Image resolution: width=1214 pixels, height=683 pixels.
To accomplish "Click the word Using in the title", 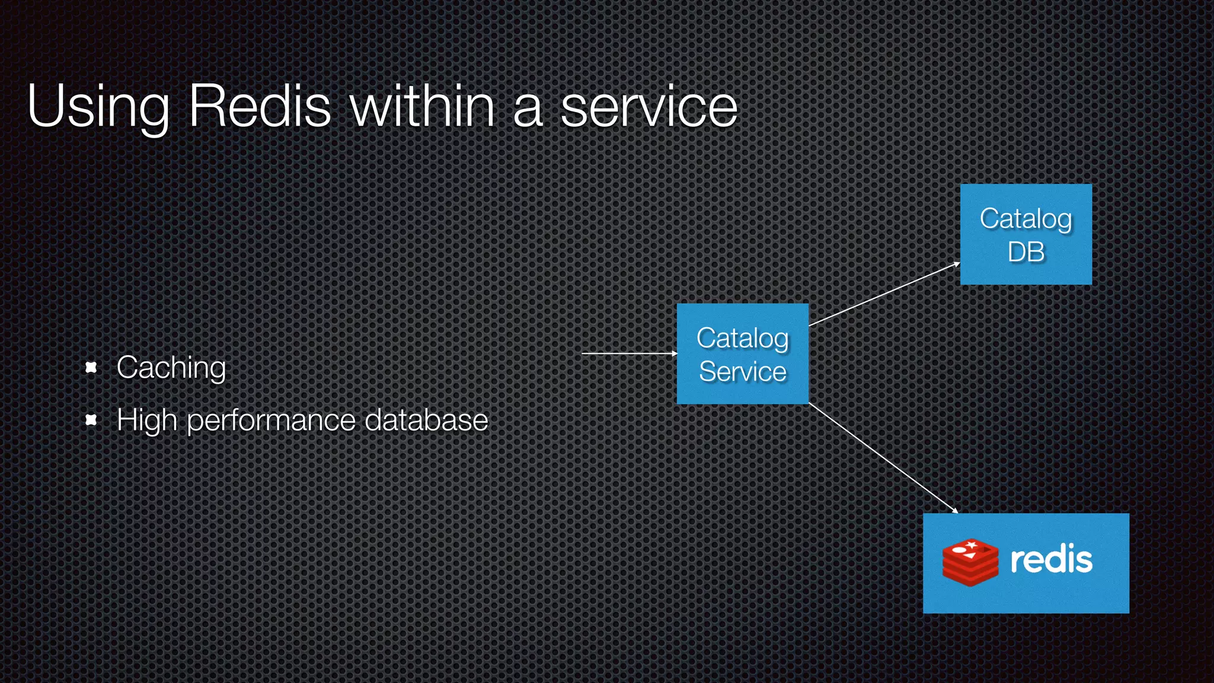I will tap(98, 107).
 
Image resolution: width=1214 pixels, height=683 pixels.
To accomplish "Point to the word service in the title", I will tap(649, 107).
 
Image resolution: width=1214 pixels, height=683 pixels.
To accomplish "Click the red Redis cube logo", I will tap(970, 562).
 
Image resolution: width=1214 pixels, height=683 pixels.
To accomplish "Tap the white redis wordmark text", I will tap(1051, 560).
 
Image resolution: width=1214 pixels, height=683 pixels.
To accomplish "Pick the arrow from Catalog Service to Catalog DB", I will tap(884, 294).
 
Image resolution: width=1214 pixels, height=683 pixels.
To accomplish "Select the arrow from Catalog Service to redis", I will tap(883, 457).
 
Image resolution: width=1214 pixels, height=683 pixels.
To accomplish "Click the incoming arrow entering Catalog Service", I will tap(628, 353).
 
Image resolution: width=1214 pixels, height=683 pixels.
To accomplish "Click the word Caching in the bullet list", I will tap(171, 368).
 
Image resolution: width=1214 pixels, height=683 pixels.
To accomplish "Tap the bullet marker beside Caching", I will tap(91, 368).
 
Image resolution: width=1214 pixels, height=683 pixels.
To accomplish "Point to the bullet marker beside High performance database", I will tap(91, 420).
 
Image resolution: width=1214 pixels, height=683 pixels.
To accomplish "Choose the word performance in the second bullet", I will tap(271, 421).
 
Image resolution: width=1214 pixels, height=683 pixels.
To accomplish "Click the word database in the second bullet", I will tap(426, 420).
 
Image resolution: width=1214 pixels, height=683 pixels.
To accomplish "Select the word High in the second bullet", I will tap(146, 421).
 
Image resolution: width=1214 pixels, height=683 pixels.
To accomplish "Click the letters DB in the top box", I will tap(1026, 252).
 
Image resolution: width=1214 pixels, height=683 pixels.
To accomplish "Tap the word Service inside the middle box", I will tap(742, 372).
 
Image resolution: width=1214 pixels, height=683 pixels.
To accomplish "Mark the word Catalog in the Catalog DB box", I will tap(1025, 219).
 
